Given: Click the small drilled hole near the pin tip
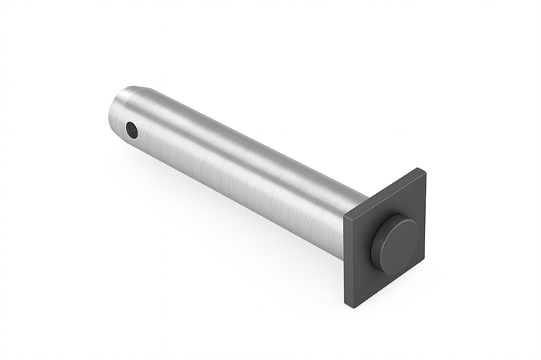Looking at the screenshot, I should [x=131, y=130].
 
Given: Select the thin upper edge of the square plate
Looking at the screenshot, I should [x=384, y=188].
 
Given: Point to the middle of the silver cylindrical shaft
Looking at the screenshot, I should [x=240, y=170].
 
